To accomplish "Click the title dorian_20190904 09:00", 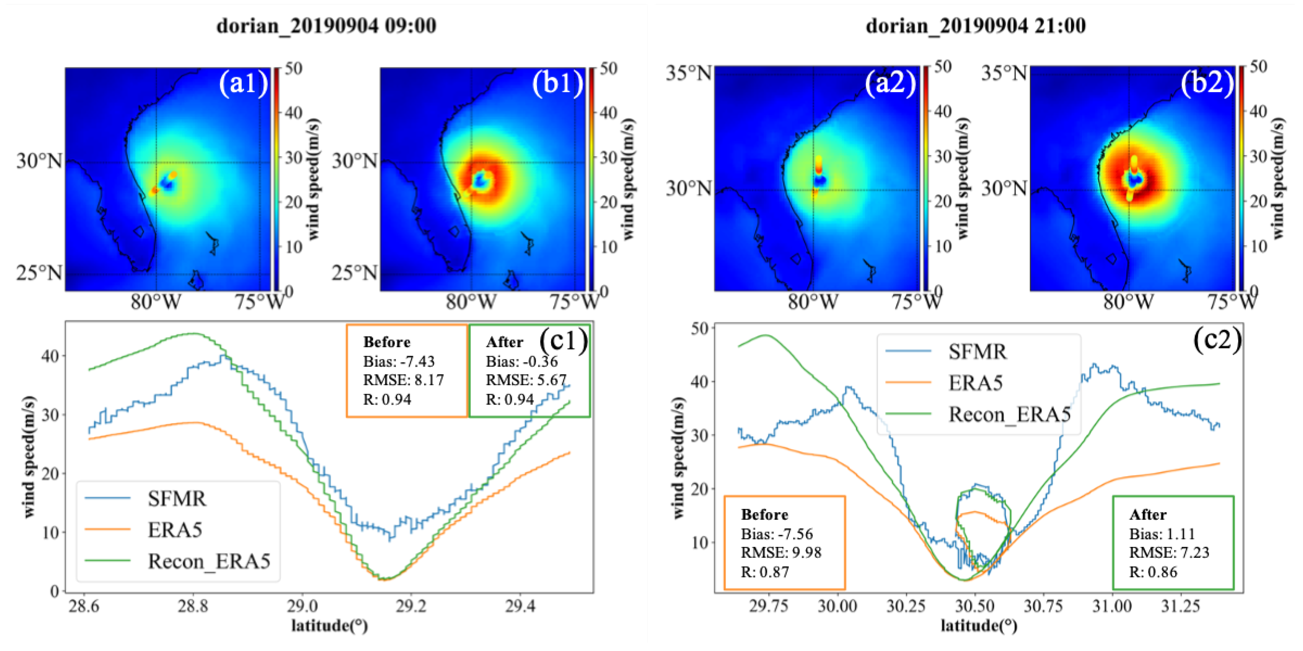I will click(x=326, y=25).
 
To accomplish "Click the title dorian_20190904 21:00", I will click(x=976, y=25).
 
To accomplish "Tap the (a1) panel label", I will click(x=243, y=83).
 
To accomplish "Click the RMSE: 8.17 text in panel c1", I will click(x=403, y=380).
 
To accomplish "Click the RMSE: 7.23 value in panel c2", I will click(x=1169, y=552).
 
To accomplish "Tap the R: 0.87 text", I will click(x=765, y=572).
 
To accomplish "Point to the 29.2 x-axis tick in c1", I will click(x=411, y=605).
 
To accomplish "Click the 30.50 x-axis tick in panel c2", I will click(x=974, y=605).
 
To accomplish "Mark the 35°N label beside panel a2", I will click(x=688, y=73).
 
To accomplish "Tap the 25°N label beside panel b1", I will click(x=354, y=273).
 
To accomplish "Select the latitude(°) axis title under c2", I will click(x=978, y=626).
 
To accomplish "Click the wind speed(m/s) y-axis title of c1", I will click(x=29, y=457).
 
